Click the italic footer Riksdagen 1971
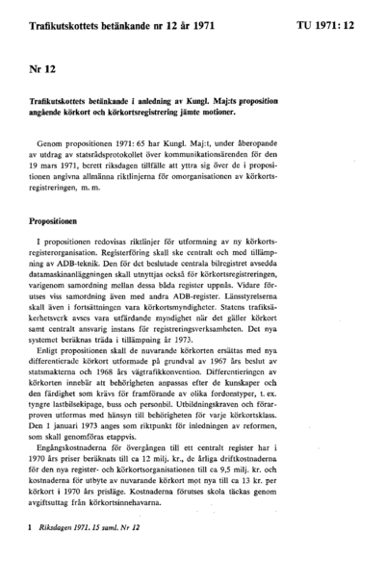click(72, 555)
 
